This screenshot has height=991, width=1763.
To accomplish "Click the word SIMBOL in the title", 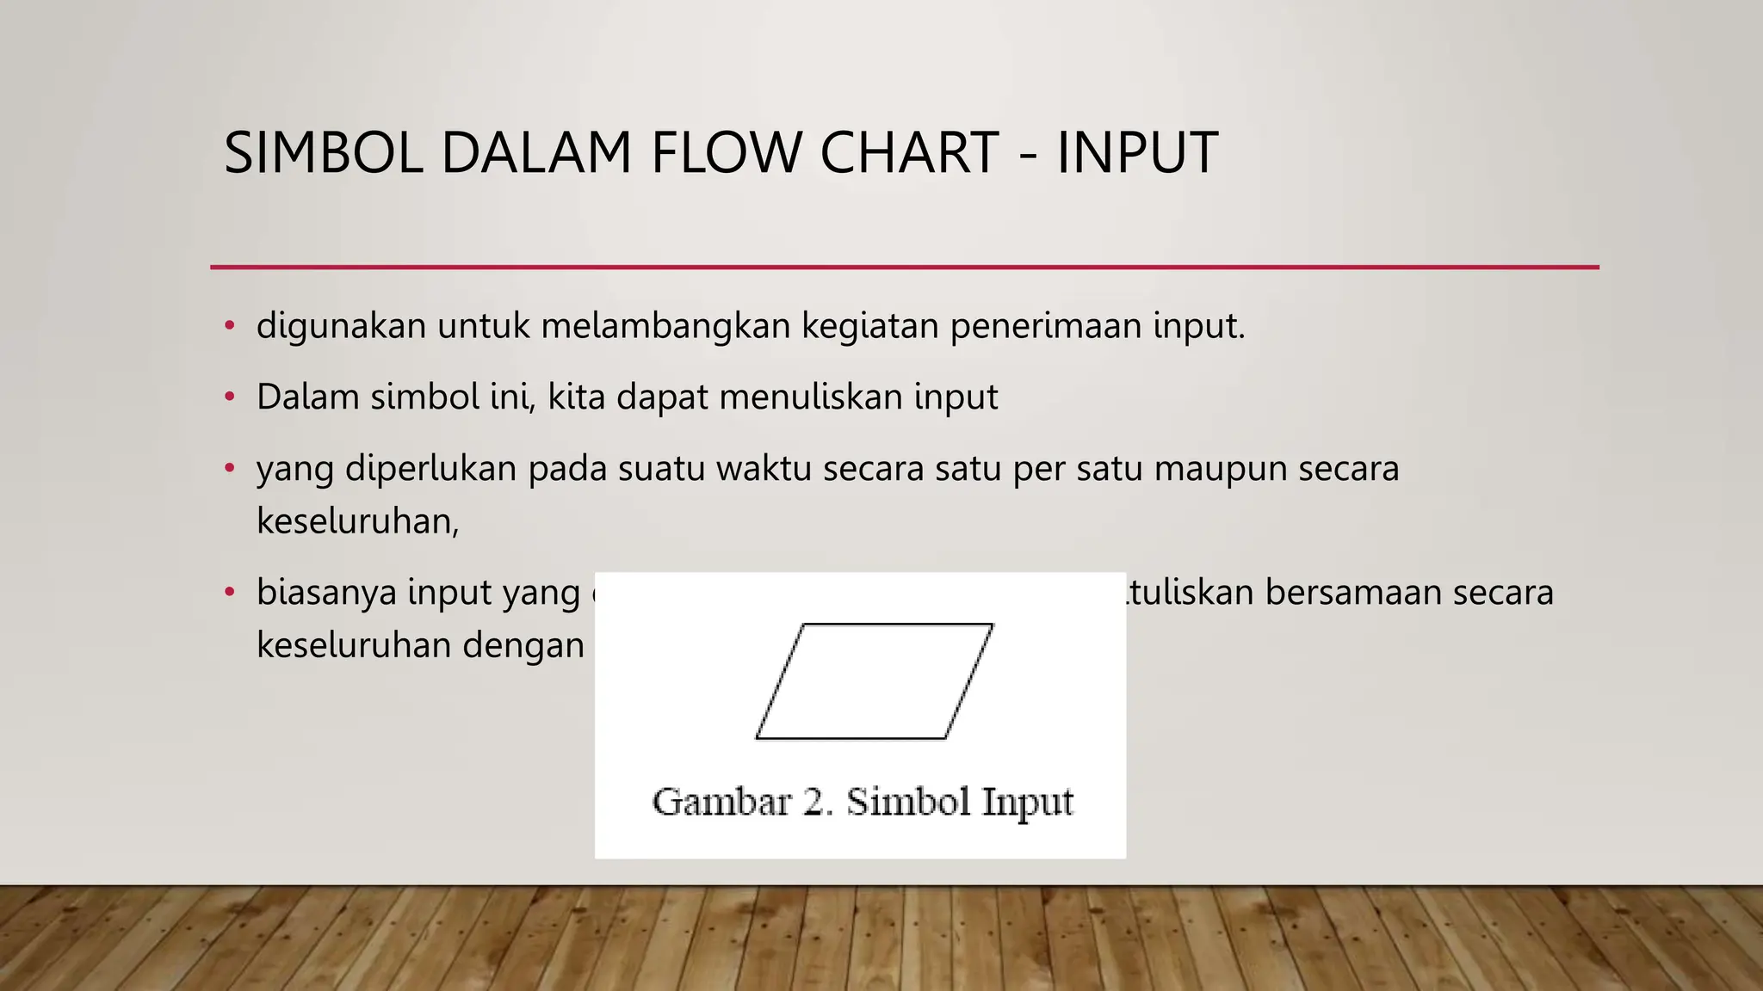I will (323, 153).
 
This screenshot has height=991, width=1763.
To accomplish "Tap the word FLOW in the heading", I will (725, 153).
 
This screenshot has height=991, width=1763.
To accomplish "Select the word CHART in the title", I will (909, 153).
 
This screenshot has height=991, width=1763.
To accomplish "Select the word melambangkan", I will (665, 326).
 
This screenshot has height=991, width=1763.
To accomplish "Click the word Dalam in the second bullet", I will (307, 397).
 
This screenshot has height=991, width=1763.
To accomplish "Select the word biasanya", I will (326, 593).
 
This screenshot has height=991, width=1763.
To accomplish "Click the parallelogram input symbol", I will (874, 681).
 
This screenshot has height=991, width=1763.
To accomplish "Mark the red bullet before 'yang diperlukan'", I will (229, 469).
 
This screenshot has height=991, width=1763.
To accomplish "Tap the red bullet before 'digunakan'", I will (229, 326).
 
